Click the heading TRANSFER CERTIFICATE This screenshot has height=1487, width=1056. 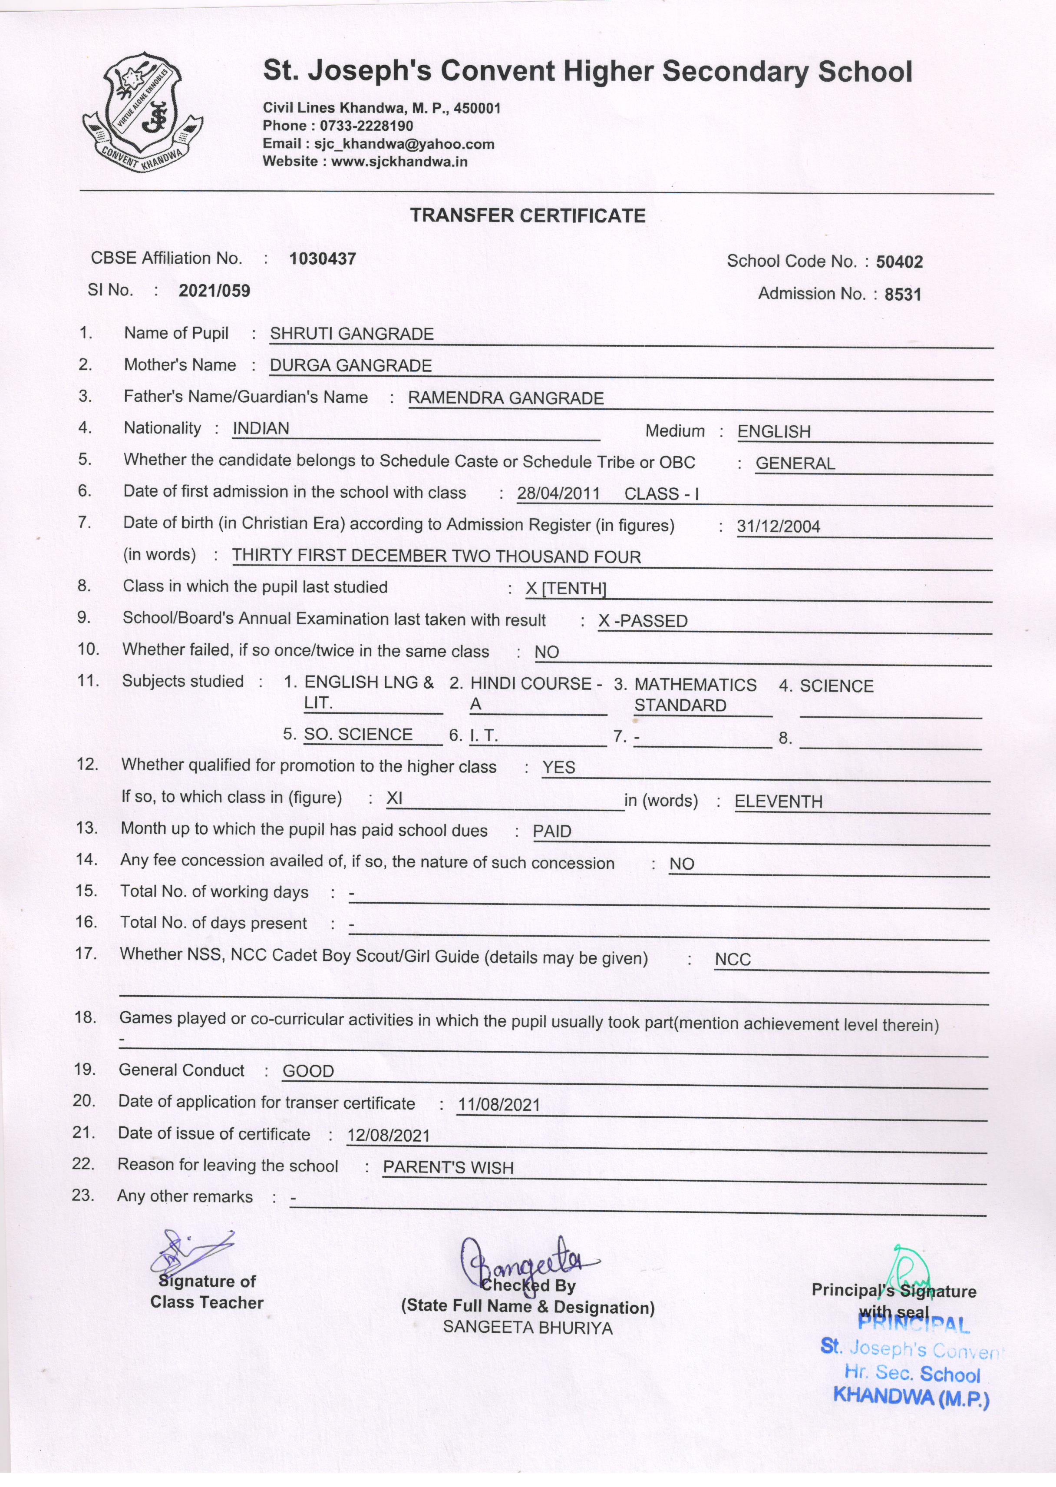coord(528,216)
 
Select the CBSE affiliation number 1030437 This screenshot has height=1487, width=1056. coord(323,259)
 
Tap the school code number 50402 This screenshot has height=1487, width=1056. coord(899,262)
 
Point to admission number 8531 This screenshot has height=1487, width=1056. coord(903,295)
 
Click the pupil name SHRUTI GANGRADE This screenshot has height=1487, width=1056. coord(352,334)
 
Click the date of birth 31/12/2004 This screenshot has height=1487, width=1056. coord(779,527)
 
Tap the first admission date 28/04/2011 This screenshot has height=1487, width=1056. coord(558,494)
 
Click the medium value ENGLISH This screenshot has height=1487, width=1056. coord(774,432)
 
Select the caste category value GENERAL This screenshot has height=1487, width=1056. coord(795,464)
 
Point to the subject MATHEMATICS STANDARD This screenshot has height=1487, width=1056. coord(694,695)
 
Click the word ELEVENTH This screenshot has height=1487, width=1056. coord(779,802)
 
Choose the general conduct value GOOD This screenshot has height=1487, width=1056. coord(308,1071)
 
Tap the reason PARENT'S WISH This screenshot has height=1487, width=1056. coord(448,1168)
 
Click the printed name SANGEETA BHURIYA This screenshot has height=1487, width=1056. coord(528,1328)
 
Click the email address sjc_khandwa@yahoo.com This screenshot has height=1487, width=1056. coord(404,144)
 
